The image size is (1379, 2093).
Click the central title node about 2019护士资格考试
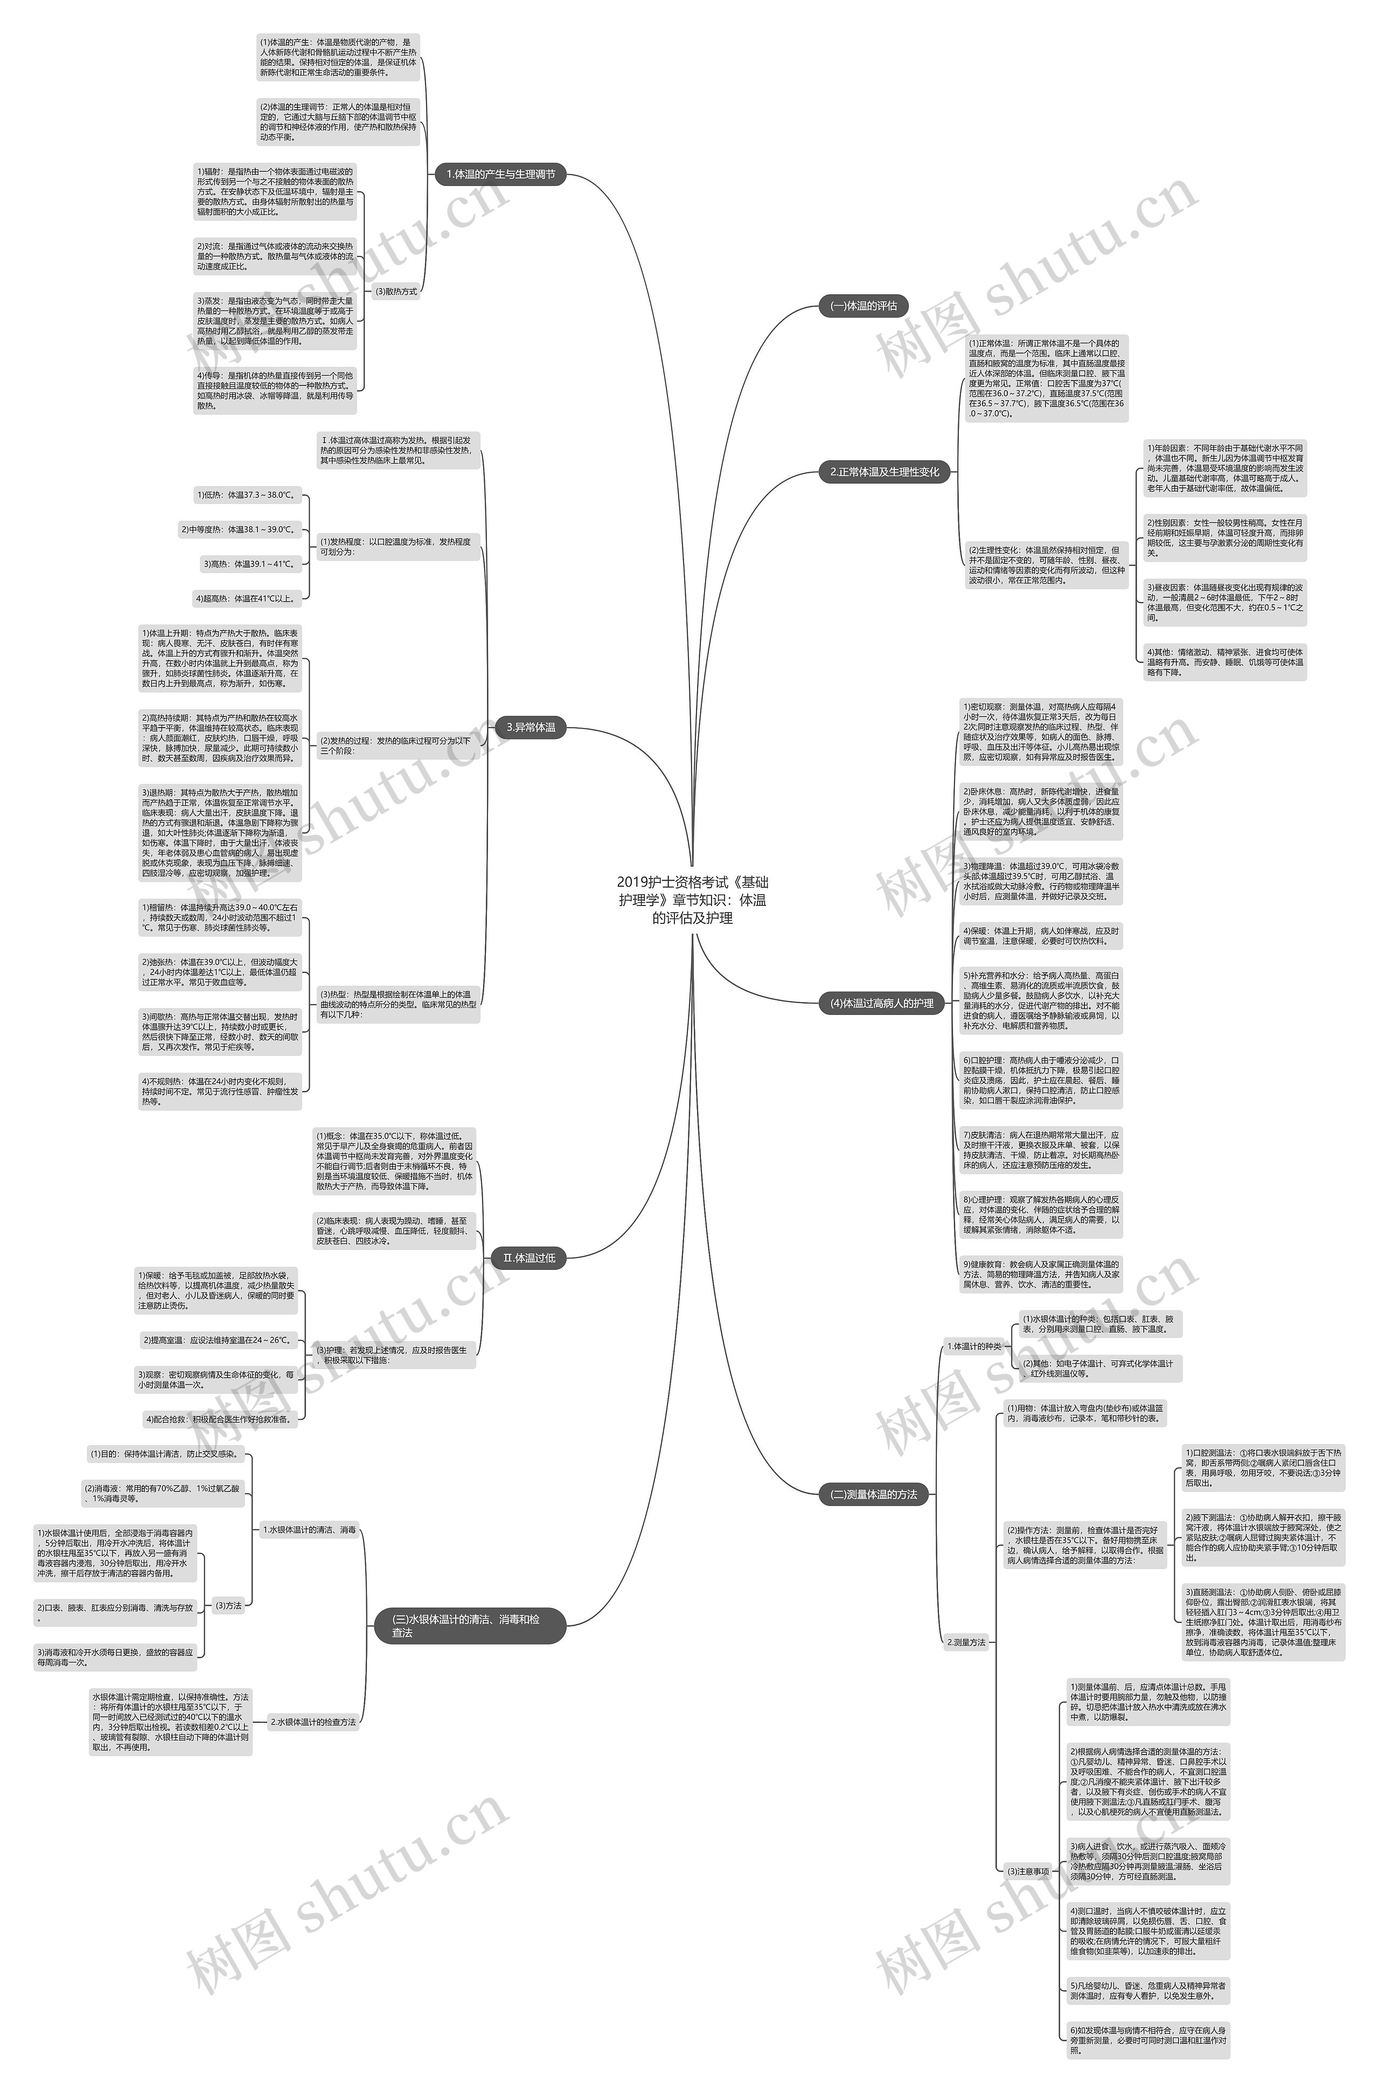click(x=692, y=899)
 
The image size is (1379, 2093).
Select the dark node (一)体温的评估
click(x=863, y=306)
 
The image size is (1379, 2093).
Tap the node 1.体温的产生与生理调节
click(x=500, y=174)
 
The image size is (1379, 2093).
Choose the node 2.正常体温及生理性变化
click(x=884, y=472)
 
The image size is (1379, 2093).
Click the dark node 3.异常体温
click(x=531, y=728)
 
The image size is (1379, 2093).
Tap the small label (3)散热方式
click(x=396, y=291)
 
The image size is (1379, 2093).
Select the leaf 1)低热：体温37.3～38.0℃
click(x=247, y=495)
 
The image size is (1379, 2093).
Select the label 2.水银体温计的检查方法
click(x=313, y=1722)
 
